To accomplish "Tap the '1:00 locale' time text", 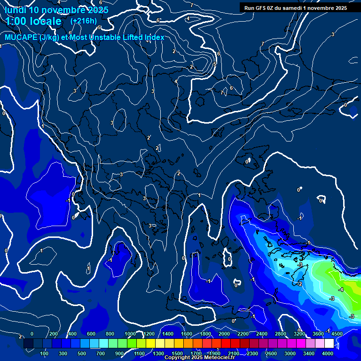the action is point(34,22).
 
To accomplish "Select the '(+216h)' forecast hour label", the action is point(83,21).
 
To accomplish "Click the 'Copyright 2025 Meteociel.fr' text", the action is point(200,358).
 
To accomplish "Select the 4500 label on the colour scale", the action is point(337,334).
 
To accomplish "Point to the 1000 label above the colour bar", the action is point(130,334).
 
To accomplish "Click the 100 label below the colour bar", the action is point(44,353).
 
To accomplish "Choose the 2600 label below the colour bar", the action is point(272,353).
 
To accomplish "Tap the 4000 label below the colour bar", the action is point(328,353).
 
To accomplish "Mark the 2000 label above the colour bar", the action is point(224,334).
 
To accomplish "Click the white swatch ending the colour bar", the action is point(329,344).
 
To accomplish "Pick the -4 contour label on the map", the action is point(340,290).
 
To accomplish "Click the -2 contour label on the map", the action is point(299,284).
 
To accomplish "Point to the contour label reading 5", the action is point(215,64).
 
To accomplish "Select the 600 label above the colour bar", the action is point(92,334).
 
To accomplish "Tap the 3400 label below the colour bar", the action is point(309,353).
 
